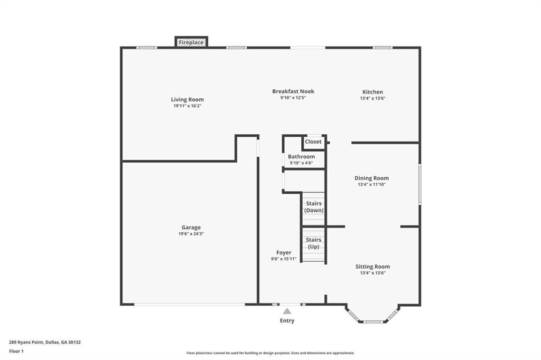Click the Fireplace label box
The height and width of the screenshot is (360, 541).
tap(191, 42)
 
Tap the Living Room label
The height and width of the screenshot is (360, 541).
tap(188, 99)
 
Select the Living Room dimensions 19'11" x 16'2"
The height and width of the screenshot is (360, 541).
tap(188, 106)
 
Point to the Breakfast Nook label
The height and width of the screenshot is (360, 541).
tap(293, 91)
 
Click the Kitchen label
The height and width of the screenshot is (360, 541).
tap(372, 92)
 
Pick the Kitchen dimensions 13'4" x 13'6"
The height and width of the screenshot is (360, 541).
tap(372, 98)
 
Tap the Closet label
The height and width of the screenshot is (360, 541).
tap(313, 141)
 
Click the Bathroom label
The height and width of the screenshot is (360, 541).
tap(302, 156)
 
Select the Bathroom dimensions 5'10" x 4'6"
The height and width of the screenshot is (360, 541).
tap(302, 163)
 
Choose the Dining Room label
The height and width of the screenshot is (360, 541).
tap(371, 178)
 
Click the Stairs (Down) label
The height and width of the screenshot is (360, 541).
tap(314, 206)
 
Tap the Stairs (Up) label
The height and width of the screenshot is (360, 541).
tap(313, 243)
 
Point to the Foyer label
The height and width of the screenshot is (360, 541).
tap(284, 252)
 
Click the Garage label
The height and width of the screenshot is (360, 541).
tap(191, 227)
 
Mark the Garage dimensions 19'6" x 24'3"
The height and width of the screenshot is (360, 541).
tap(191, 234)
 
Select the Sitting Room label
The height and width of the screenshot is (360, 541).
tap(372, 266)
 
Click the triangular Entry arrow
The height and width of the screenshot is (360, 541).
tap(287, 311)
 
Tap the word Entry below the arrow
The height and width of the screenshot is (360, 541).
tap(287, 320)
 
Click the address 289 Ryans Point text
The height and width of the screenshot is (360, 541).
tap(26, 343)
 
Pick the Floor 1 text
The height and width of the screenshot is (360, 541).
tap(16, 352)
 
